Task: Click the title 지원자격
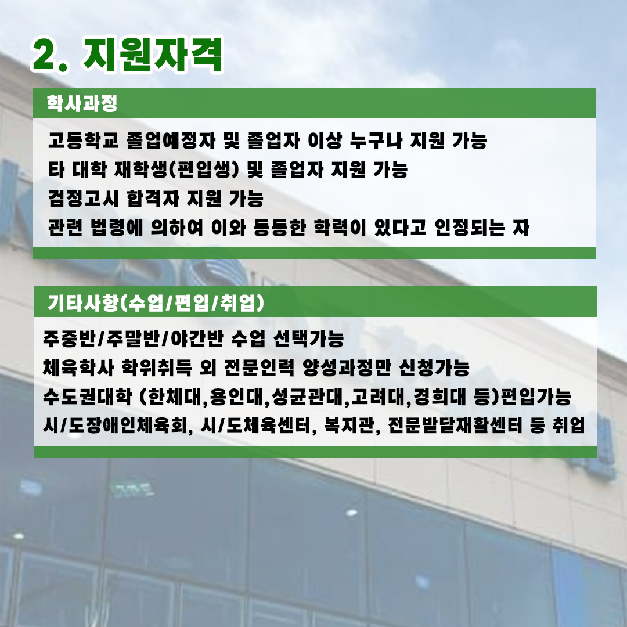pyautogui.click(x=152, y=55)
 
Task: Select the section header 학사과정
pyautogui.click(x=82, y=103)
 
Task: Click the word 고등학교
pyautogui.click(x=83, y=140)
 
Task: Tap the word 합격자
pyautogui.click(x=152, y=198)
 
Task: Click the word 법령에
pyautogui.click(x=116, y=227)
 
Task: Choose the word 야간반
pyautogui.click(x=197, y=338)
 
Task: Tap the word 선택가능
pyautogui.click(x=308, y=338)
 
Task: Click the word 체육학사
pyautogui.click(x=78, y=367)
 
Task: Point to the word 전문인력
pyautogui.click(x=259, y=367)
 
